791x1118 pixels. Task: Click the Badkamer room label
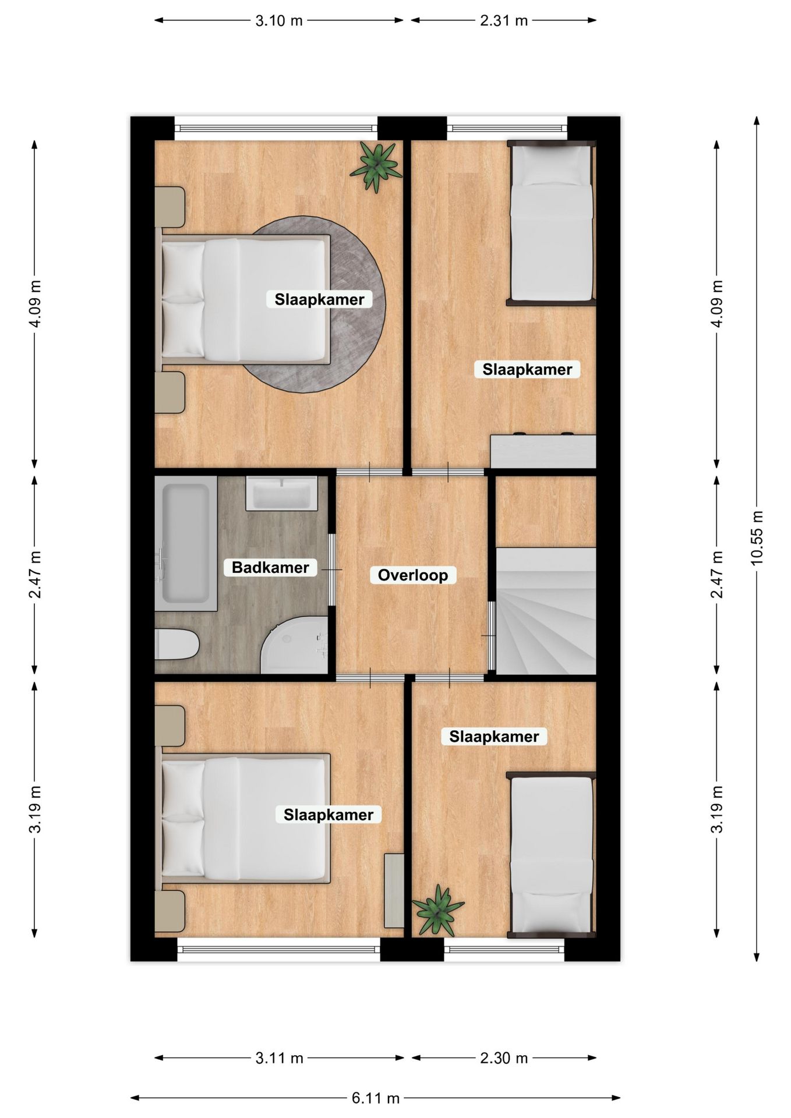270,567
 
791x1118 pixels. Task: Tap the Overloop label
412,575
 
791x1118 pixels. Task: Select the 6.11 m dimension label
375,1098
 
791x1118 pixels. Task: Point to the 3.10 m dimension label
279,20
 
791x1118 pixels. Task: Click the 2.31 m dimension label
503,20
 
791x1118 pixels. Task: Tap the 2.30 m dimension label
503,1058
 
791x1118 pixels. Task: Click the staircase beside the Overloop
545,611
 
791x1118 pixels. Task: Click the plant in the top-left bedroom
376,166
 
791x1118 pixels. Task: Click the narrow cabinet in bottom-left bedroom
394,890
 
